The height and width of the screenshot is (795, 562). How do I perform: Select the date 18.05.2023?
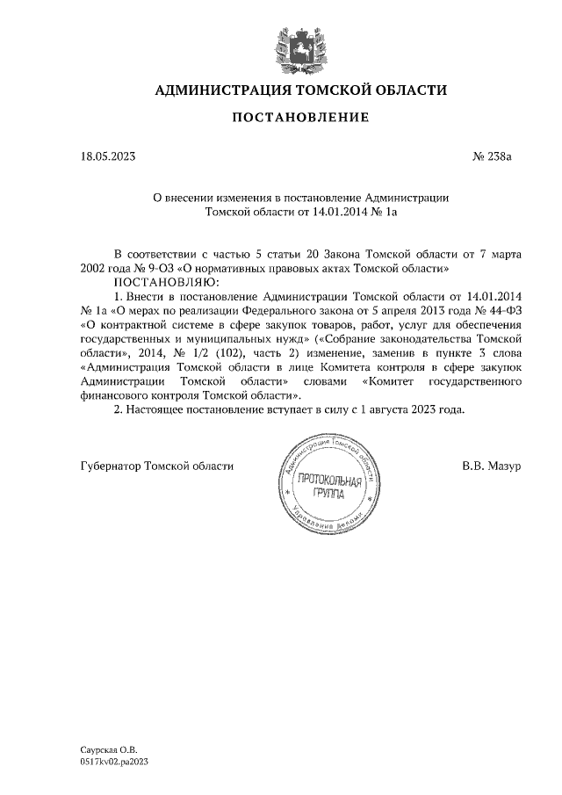[x=108, y=158]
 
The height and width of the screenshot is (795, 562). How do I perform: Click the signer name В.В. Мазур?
[x=492, y=465]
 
